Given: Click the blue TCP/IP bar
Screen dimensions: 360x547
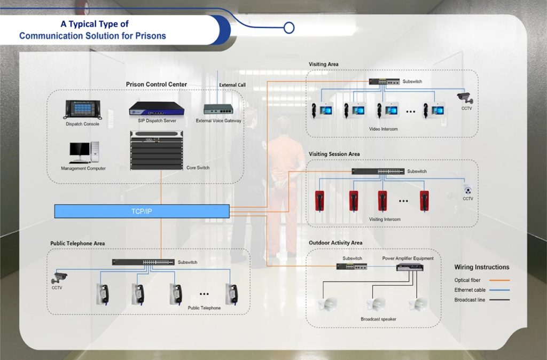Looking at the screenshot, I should coord(142,211).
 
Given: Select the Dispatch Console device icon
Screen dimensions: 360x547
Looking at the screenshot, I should coord(80,110).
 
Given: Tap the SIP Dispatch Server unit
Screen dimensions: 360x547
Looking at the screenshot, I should coord(157,109).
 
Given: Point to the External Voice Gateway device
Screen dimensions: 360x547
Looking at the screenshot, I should coord(218,109).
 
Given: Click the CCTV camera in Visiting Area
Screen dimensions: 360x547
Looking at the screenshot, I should coord(465,98).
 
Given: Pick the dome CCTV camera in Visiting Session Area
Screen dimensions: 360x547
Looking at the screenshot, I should coord(467,190).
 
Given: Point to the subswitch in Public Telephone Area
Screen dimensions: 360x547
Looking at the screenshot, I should coord(143,262).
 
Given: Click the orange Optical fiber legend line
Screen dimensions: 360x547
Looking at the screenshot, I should coord(496,280).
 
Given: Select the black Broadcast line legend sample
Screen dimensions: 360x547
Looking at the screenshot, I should coord(496,300).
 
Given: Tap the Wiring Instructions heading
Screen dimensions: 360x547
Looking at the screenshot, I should coord(482,267).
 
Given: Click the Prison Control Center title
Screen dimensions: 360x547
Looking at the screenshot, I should coord(157,84).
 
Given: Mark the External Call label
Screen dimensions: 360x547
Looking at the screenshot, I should coord(232,85).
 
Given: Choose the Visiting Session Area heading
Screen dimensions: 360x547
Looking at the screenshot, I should coord(334,154).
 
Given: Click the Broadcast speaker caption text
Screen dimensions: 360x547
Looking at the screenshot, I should coord(378,319).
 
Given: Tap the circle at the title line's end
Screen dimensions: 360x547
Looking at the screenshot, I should coord(289,27).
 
